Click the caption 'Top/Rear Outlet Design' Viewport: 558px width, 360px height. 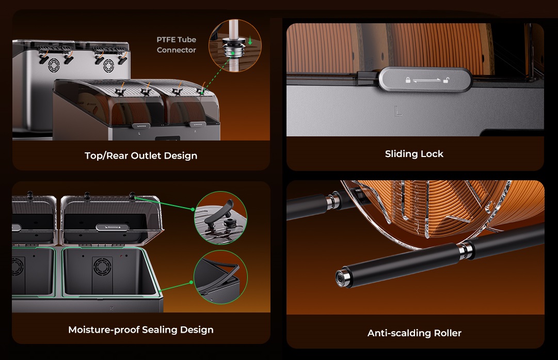141,155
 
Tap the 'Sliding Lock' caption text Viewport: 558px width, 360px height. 414,154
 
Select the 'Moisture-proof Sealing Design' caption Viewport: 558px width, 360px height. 141,330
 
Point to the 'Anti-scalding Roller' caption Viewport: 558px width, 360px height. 414,333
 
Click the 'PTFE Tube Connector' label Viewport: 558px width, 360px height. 177,45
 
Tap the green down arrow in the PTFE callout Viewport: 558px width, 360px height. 250,40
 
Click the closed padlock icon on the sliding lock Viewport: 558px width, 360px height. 408,80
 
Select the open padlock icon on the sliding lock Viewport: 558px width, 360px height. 445,80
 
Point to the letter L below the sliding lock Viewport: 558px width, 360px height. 398,112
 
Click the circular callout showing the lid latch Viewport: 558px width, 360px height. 220,218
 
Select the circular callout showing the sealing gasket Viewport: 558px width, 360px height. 220,277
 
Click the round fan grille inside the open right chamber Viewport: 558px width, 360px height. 102,267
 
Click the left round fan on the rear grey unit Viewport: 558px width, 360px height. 54,65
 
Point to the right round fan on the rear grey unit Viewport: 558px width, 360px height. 108,66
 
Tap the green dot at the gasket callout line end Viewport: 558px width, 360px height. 191,282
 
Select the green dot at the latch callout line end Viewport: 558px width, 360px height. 193,209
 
